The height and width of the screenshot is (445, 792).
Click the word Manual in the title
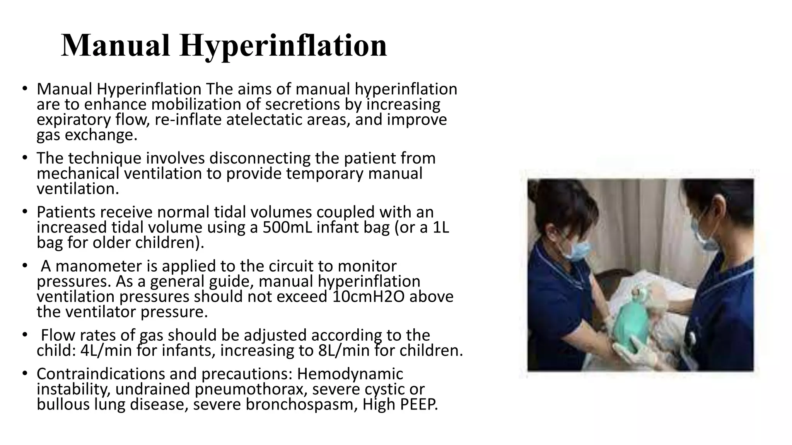115,46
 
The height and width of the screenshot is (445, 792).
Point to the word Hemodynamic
350,374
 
